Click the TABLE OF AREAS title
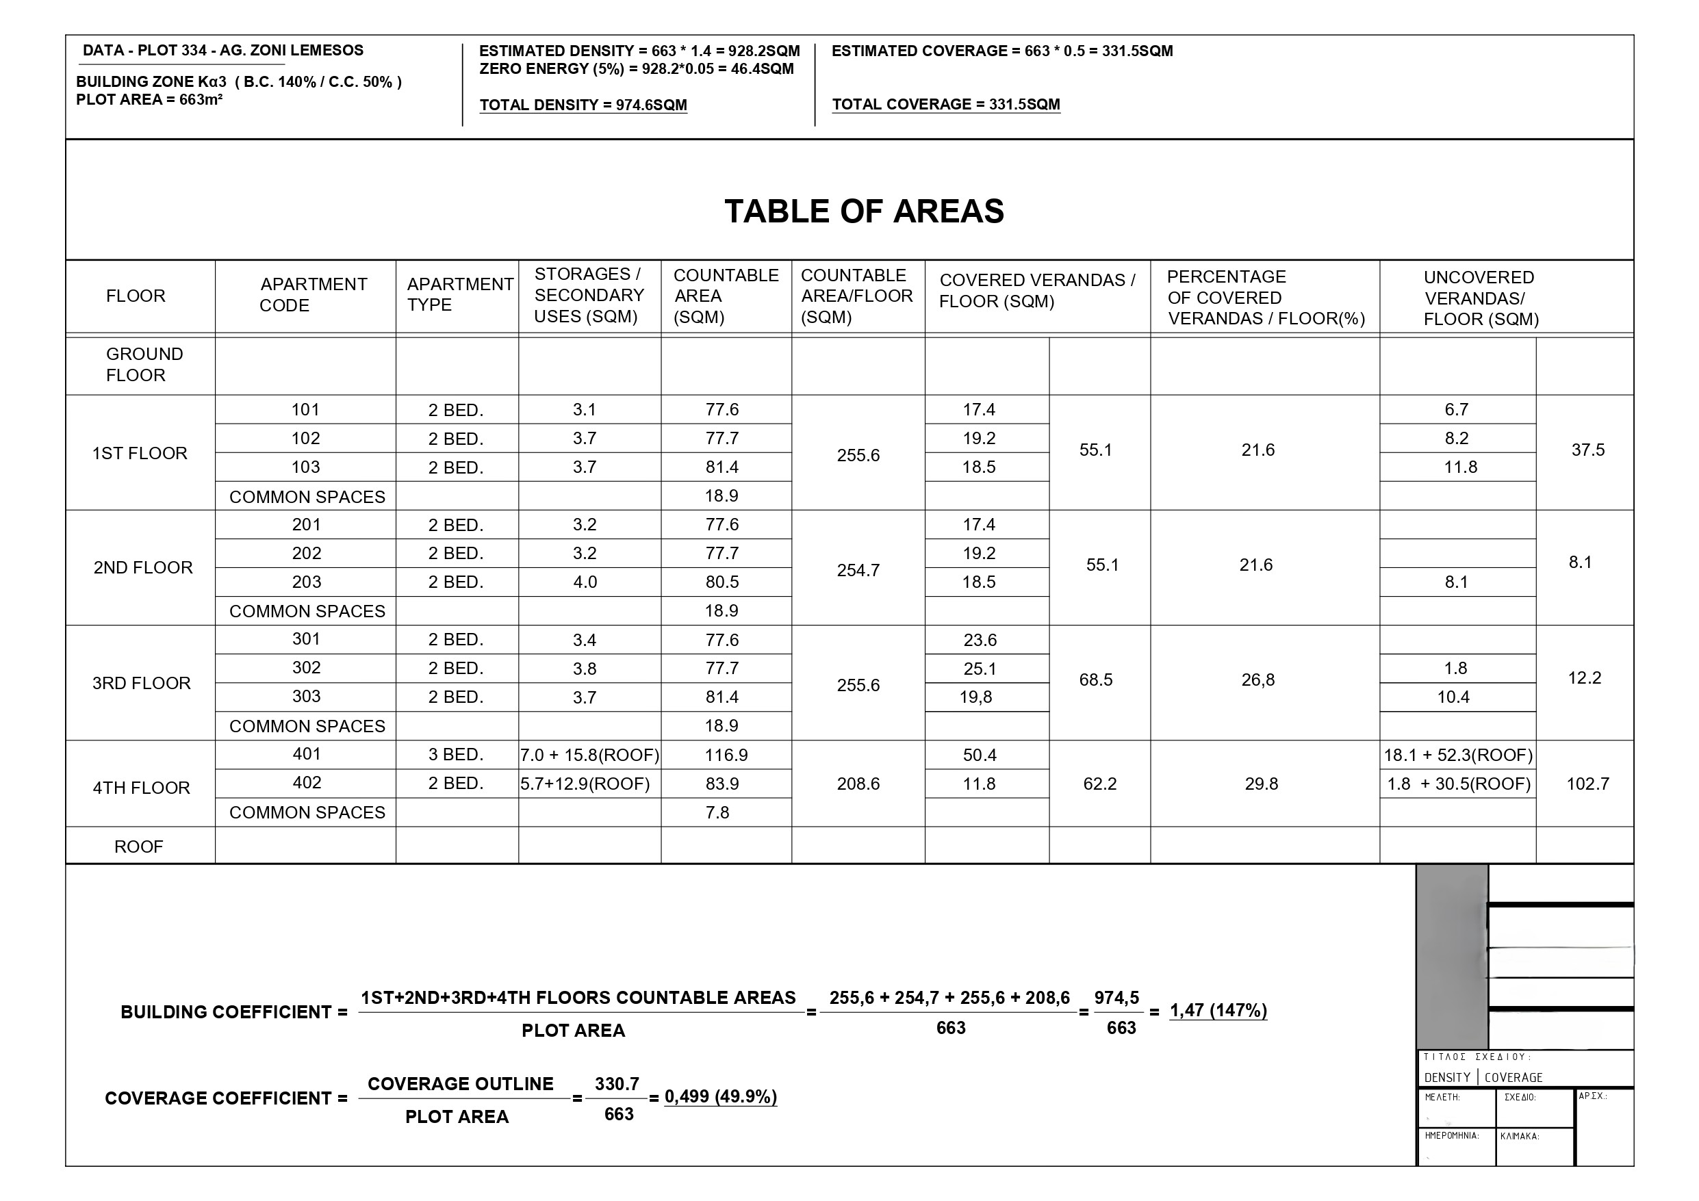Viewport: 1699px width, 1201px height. coord(864,211)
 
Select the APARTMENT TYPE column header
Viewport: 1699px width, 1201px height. coord(459,294)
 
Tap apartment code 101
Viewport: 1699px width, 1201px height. coord(305,409)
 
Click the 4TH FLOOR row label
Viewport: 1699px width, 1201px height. coord(140,788)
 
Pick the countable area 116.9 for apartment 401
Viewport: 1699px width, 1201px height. coord(726,755)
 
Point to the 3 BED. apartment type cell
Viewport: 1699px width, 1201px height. coord(455,755)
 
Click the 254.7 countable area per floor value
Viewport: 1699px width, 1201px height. coord(858,570)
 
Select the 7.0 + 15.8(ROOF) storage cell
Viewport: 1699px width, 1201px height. coord(589,755)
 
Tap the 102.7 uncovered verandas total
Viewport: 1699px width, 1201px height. coord(1587,784)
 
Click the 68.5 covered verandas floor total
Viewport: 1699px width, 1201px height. coord(1095,680)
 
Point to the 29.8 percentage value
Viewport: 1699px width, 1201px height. coord(1261,784)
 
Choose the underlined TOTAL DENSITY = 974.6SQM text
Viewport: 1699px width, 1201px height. coord(583,105)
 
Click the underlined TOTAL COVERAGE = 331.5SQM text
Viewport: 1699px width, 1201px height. coord(946,104)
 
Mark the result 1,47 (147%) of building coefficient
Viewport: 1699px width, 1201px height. coord(1218,1010)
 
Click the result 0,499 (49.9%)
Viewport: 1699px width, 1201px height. coord(720,1097)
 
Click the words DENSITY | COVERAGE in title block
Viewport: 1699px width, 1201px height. coord(1483,1077)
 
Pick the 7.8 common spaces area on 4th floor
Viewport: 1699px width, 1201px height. coord(717,812)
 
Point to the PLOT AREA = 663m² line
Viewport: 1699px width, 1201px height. coord(149,100)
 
